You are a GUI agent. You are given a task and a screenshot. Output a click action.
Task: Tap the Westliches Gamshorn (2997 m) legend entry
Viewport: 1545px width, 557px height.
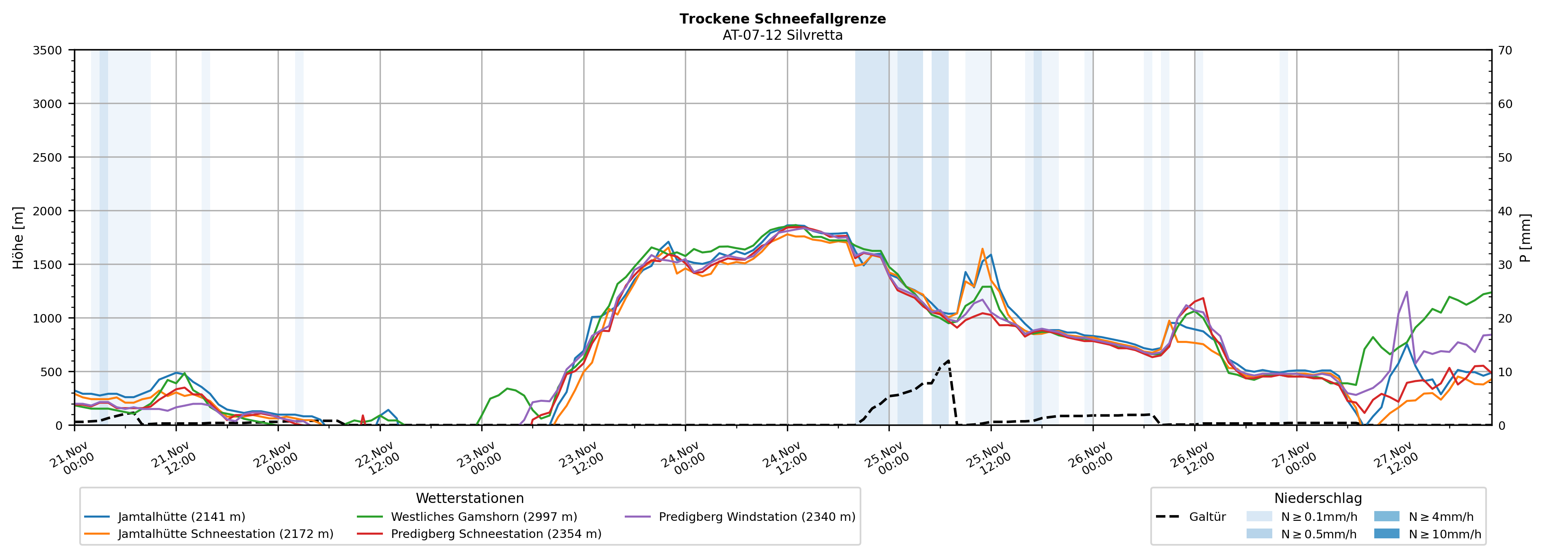point(483,517)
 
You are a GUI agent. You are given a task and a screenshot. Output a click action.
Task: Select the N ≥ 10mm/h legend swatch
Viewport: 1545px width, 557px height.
point(1386,533)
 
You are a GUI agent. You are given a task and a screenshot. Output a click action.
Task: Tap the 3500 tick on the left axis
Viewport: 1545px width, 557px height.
point(48,50)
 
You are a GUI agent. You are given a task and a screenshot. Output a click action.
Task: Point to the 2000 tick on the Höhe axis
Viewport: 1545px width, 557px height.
point(48,211)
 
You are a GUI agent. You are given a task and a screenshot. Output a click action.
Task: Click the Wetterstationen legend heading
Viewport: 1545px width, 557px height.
point(469,498)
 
